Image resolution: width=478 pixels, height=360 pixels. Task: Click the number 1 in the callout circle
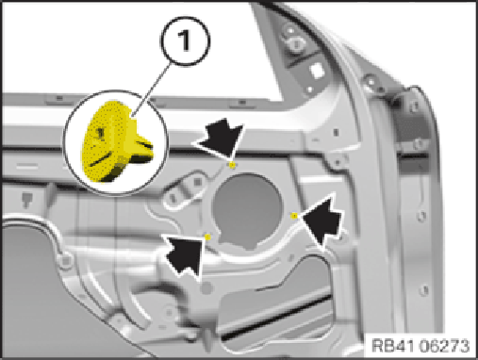coord(185,41)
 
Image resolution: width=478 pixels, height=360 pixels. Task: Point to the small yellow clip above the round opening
coord(232,165)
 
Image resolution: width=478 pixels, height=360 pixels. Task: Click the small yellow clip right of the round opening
coord(294,216)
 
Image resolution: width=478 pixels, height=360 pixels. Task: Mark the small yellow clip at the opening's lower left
coord(207,237)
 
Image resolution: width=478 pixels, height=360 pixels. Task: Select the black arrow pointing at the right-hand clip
coord(322,221)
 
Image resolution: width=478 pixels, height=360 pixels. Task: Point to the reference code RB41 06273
coord(420,346)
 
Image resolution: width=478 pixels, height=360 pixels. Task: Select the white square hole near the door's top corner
coord(317,71)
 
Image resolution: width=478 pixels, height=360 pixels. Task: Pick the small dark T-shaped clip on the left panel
coord(26,201)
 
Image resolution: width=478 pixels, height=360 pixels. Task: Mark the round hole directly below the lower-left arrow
coord(206,288)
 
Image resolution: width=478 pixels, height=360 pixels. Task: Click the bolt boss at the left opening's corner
coord(65,260)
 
